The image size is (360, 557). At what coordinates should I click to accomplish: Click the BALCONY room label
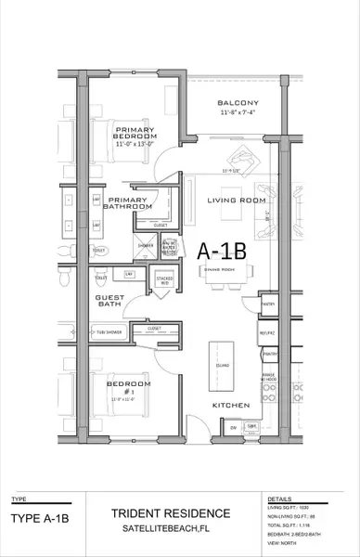click(237, 102)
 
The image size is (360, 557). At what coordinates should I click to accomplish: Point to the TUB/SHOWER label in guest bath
click(109, 330)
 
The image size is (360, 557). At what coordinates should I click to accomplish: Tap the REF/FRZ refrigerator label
click(268, 332)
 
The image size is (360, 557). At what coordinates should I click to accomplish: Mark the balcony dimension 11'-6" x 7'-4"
click(237, 113)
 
